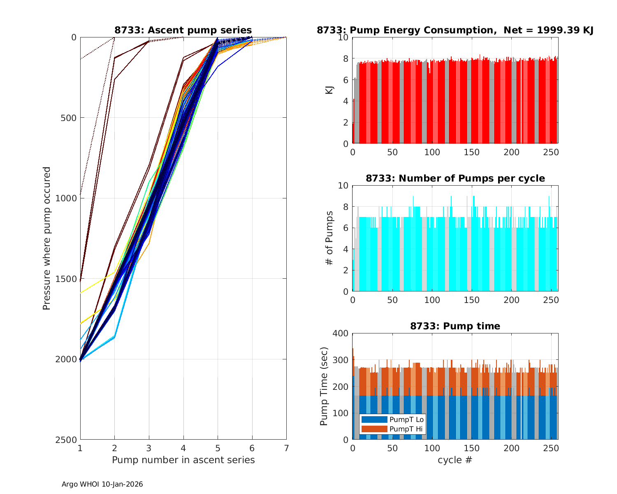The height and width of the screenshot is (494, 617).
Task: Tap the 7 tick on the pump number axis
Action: point(286,447)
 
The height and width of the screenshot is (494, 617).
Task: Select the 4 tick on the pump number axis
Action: point(183,447)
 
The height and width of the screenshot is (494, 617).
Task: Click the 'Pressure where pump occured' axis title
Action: point(47,238)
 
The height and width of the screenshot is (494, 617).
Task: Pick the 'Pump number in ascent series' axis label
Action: point(183,460)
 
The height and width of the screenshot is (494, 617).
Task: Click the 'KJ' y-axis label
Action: point(329,90)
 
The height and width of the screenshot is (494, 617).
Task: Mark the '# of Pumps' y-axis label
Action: point(329,238)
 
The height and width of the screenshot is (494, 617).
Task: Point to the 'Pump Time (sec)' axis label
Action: point(324,386)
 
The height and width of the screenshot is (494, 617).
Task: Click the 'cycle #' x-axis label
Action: point(455,460)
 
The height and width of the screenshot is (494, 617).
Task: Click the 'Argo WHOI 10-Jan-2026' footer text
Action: point(102,484)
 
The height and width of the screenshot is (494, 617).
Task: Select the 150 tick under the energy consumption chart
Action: point(472,152)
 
